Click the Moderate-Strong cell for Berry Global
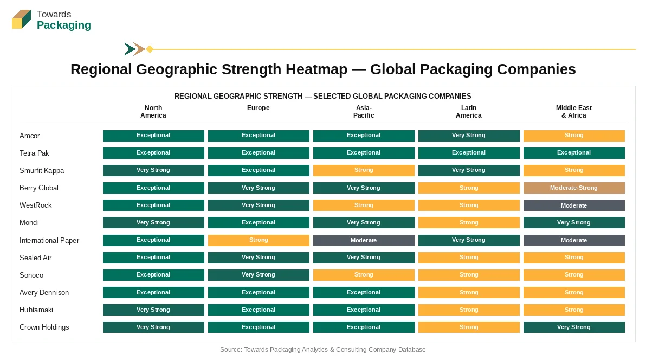pos(574,188)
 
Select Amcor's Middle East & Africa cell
pos(574,136)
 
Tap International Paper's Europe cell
pos(259,240)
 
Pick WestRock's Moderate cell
pos(574,205)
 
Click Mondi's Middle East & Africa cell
pos(574,223)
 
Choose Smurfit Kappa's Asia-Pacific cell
pos(364,170)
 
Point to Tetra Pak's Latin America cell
pos(469,153)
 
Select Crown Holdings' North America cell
pos(153,327)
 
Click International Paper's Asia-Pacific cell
pos(364,240)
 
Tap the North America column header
pos(153,112)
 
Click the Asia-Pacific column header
pos(364,112)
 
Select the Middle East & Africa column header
pos(574,112)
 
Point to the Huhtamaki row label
pos(36,310)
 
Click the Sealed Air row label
pos(35,258)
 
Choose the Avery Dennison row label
pos(44,292)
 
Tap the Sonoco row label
pos(31,275)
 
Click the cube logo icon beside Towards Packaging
pos(22,20)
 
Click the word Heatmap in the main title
pos(316,69)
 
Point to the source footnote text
pos(322,350)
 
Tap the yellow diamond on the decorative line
pos(150,49)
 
